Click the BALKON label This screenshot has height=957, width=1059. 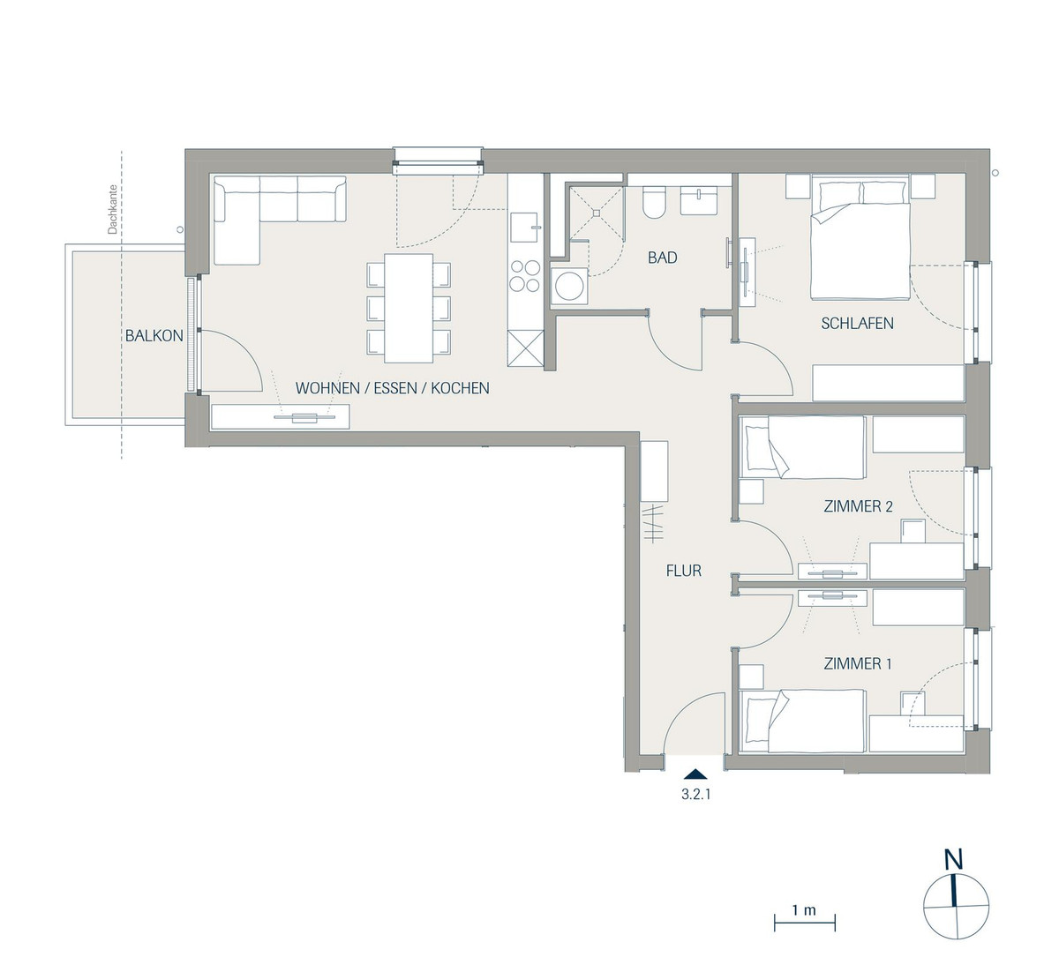pyautogui.click(x=154, y=336)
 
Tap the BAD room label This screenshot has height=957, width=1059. pyautogui.click(x=663, y=258)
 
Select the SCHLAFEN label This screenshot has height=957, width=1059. pyautogui.click(x=857, y=323)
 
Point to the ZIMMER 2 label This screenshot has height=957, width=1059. pyautogui.click(x=859, y=506)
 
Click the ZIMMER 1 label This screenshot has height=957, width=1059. pyautogui.click(x=858, y=663)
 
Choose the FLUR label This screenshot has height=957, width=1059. pyautogui.click(x=684, y=571)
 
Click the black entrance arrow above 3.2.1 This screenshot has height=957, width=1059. pyautogui.click(x=695, y=774)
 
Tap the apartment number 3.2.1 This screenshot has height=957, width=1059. pyautogui.click(x=695, y=795)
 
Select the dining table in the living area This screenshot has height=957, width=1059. pyautogui.click(x=409, y=308)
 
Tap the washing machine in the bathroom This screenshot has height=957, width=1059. pyautogui.click(x=569, y=286)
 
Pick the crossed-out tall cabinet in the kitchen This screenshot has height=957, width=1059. pyautogui.click(x=525, y=348)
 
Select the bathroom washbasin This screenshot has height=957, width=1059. pyautogui.click(x=698, y=200)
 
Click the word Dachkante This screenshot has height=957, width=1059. pyautogui.click(x=112, y=209)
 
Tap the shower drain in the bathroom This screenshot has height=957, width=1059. pyautogui.click(x=596, y=213)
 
